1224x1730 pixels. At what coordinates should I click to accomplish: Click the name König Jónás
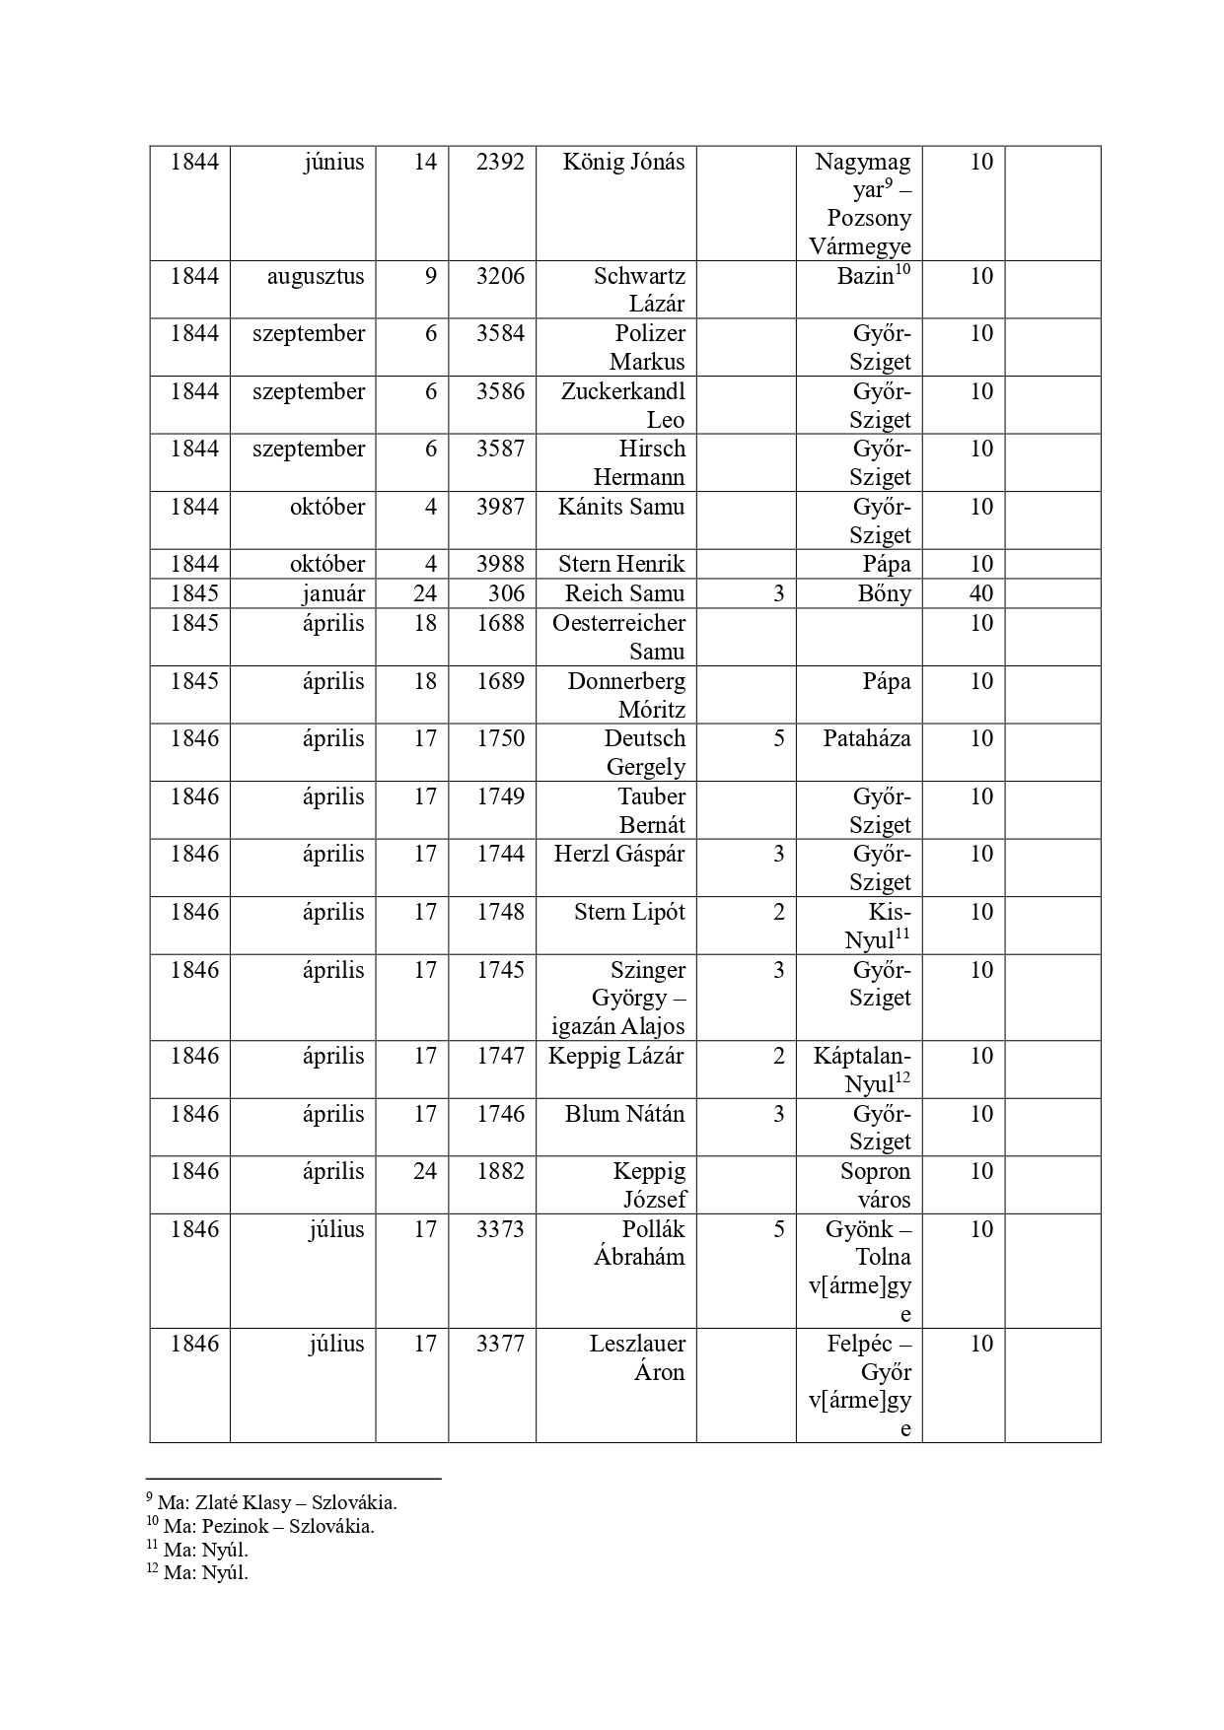623,162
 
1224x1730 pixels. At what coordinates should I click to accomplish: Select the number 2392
500,162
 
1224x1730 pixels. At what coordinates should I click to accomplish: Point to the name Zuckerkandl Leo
623,405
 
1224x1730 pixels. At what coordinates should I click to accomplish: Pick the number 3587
500,449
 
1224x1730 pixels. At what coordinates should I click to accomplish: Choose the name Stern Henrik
621,564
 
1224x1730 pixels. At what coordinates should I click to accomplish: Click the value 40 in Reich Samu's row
980,593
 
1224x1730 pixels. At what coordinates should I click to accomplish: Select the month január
333,593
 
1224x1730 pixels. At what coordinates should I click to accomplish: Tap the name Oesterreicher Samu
619,637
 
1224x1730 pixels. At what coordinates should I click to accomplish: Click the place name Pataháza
867,738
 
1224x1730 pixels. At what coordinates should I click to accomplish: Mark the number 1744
500,854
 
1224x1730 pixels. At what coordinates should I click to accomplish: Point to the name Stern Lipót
629,912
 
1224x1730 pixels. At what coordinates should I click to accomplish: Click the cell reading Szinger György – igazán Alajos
619,998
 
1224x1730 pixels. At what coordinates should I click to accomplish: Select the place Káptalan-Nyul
862,1070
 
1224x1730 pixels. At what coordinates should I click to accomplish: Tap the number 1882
500,1171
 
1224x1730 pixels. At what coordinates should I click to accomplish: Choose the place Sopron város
875,1185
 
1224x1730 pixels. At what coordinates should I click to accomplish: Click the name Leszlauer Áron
638,1357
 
